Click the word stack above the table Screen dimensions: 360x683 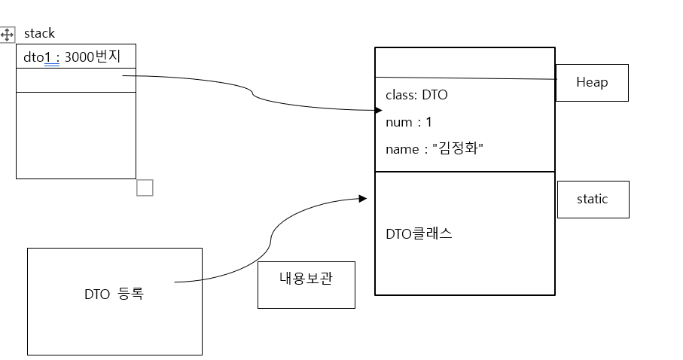[39, 34]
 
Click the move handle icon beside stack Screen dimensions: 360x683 [8, 35]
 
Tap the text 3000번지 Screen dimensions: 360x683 [93, 57]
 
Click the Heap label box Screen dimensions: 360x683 [591, 82]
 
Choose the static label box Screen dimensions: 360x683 [592, 199]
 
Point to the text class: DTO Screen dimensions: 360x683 [416, 96]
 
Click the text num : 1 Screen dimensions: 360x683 [408, 122]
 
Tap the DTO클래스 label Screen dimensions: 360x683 [419, 233]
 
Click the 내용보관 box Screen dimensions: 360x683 [306, 278]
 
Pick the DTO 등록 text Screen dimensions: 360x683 [114, 294]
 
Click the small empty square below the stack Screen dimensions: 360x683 [145, 188]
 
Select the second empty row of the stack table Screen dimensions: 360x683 [75, 80]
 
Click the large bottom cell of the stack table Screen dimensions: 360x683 [75, 135]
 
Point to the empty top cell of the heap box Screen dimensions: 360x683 [465, 62]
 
